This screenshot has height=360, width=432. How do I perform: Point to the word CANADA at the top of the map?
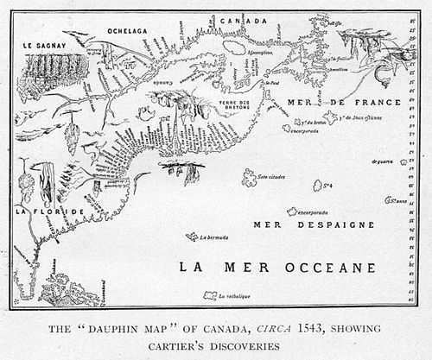click(x=241, y=20)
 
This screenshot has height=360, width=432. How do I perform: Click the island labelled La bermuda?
click(x=191, y=237)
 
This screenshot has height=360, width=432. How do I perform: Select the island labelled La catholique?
click(x=210, y=295)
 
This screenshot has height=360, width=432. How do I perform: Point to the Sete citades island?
click(x=250, y=176)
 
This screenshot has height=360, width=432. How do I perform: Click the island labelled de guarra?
click(x=399, y=161)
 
